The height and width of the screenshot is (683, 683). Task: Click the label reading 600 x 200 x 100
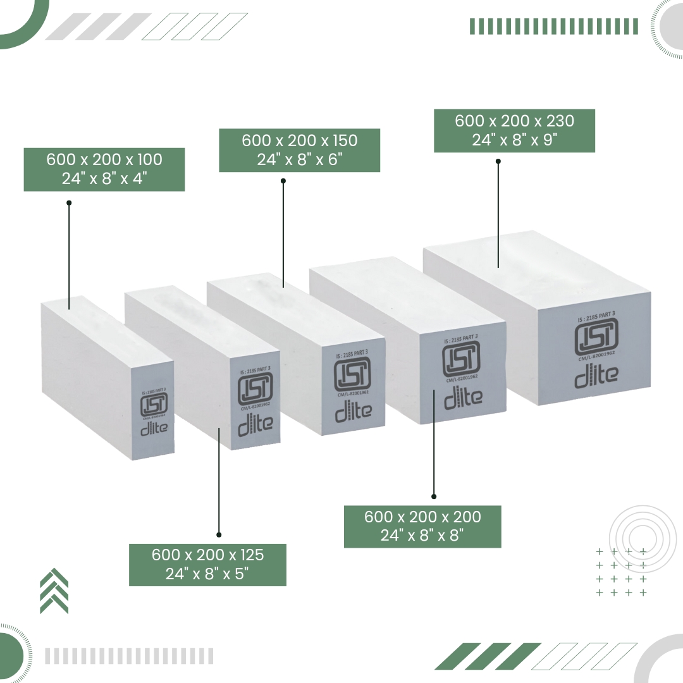104,169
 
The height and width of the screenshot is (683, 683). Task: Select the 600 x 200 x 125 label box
207,565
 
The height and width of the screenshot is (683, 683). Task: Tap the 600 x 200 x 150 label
299,150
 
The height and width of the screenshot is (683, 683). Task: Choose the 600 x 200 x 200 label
422,526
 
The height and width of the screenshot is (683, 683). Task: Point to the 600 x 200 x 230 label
514,130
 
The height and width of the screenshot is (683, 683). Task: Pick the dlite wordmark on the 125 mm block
255,422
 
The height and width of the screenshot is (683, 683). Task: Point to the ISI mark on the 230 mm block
596,338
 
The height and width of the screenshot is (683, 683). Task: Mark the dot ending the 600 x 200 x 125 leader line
219,534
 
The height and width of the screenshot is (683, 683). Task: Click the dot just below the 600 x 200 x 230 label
498,161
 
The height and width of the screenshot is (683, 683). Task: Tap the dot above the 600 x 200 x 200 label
434,496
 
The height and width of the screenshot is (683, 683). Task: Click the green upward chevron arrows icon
54,591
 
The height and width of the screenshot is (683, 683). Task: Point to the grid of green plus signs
621,572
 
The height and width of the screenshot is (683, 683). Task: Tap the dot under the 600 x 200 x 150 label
283,181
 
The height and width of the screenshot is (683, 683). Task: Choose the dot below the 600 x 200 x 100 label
69,203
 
